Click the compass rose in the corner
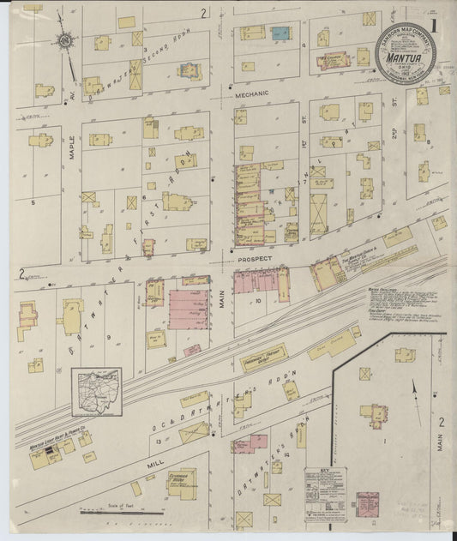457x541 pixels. point(64,39)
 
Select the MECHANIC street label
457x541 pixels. point(252,93)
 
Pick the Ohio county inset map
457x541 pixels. point(96,392)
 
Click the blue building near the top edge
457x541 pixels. point(280,33)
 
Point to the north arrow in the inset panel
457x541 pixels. point(414,388)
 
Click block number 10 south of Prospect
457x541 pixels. point(256,301)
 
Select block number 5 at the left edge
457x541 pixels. point(33,202)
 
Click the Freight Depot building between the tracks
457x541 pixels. point(263,357)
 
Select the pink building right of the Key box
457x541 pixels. point(369,505)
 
